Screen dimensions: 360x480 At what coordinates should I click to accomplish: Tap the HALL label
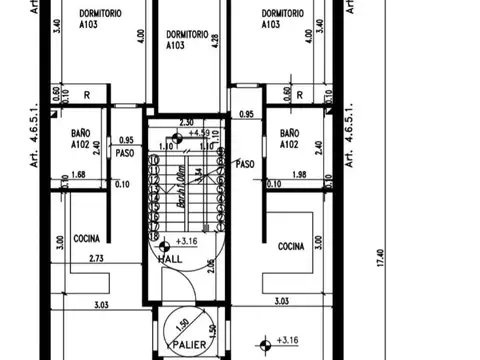[x=171, y=260]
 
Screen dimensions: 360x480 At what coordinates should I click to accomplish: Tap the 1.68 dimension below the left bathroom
[x=80, y=175]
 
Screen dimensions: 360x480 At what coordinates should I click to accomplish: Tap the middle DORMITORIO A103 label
[x=187, y=40]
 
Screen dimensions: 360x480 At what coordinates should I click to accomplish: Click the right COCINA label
[x=290, y=246]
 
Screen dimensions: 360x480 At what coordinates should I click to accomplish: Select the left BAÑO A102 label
[x=83, y=138]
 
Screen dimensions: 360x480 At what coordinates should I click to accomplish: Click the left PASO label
[x=125, y=153]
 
